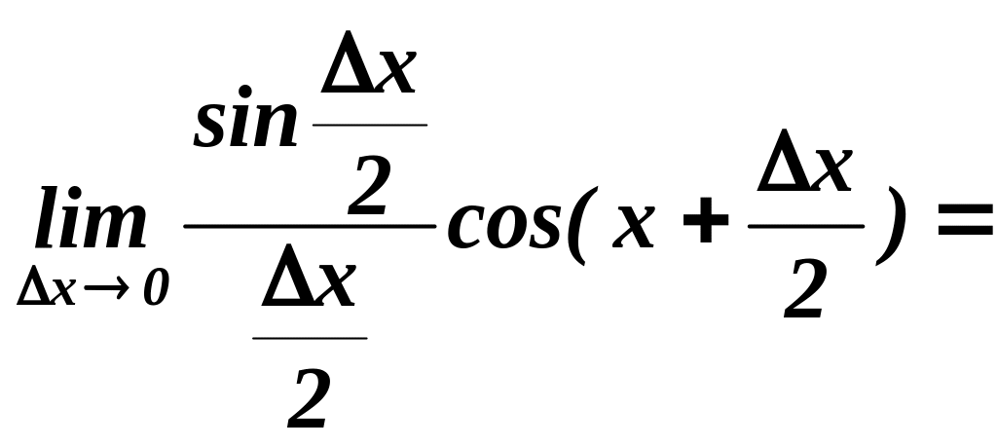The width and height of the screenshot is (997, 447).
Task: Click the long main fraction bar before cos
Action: coord(309,226)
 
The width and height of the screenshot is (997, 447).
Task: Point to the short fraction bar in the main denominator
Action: coord(310,339)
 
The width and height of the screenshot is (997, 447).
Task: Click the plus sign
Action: coord(706,227)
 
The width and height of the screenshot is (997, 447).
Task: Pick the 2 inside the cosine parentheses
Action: coord(806,290)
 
